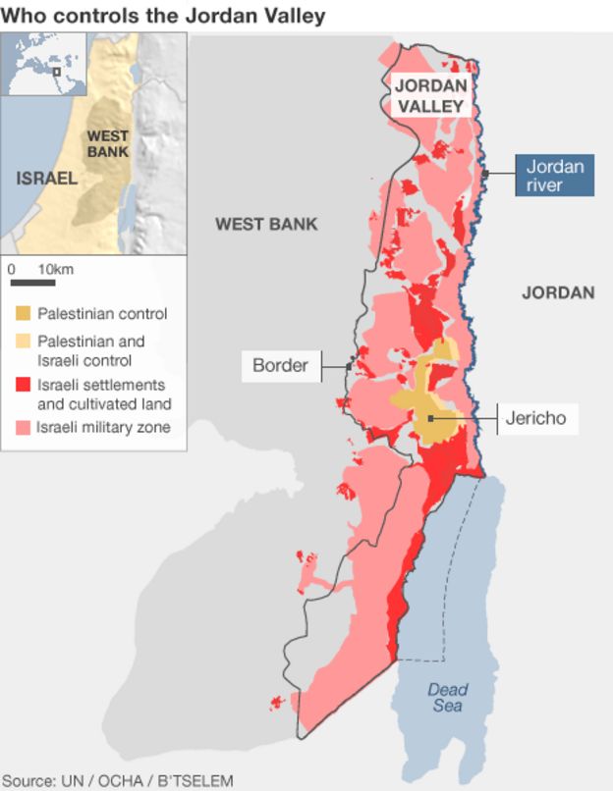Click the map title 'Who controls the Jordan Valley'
[163, 15]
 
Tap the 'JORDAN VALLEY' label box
[429, 95]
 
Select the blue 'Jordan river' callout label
[555, 176]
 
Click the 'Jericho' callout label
[535, 419]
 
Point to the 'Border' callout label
[281, 366]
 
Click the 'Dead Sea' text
[447, 698]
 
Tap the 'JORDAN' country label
[558, 292]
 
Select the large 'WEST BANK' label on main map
[266, 225]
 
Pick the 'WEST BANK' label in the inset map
[108, 144]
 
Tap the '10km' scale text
[55, 268]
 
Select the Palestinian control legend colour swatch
[24, 314]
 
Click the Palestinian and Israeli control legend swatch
[24, 342]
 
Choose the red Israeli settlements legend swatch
[24, 385]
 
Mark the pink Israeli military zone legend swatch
[24, 427]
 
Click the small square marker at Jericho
[430, 419]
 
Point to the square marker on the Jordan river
[485, 174]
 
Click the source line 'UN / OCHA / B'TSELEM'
[118, 780]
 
